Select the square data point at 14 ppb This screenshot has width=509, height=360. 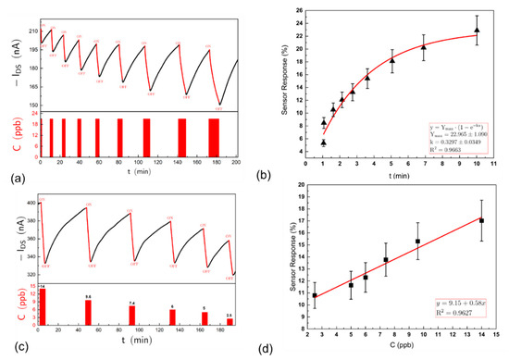pyautogui.click(x=481, y=221)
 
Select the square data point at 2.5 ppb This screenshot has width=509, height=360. pyautogui.click(x=315, y=295)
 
